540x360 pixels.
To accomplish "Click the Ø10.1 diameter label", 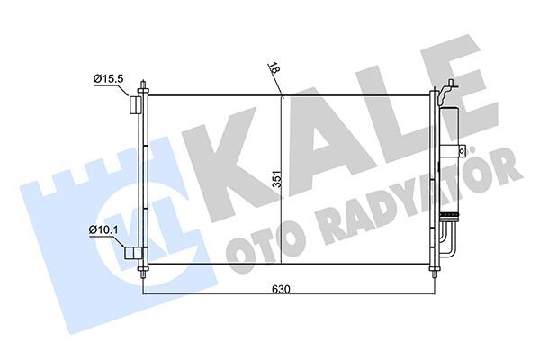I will click(x=103, y=231).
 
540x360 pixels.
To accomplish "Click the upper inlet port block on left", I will click(x=135, y=106).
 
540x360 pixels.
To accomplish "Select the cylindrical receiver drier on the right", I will click(x=448, y=162).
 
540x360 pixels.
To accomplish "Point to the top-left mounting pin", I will click(x=143, y=88).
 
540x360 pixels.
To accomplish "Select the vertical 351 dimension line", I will click(x=282, y=135).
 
